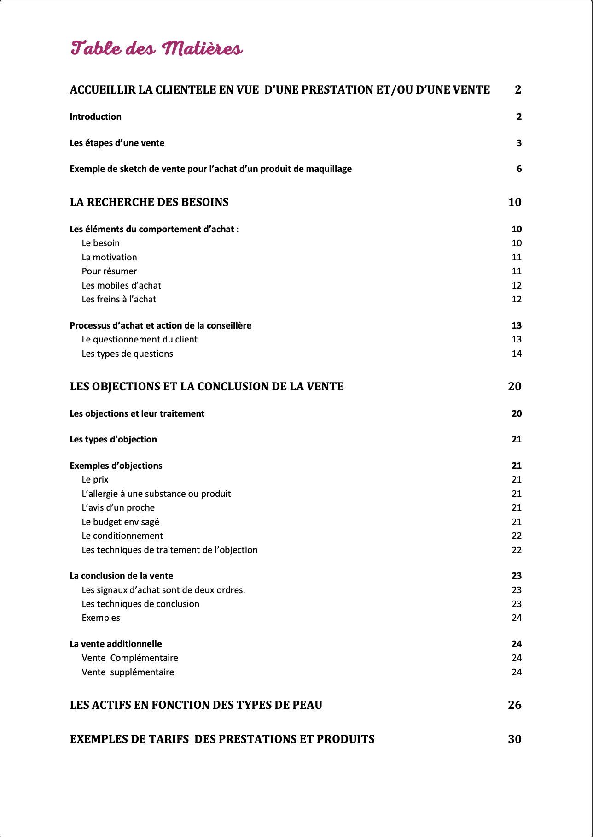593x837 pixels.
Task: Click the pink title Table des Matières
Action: [157, 48]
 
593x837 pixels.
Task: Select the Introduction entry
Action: [95, 117]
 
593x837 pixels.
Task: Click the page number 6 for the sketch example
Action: [519, 169]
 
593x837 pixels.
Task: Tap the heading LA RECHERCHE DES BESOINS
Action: [149, 202]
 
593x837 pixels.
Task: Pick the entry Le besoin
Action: [100, 243]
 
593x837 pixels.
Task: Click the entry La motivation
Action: [109, 257]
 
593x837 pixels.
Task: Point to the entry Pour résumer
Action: [109, 271]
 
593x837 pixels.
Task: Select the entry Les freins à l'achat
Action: [119, 299]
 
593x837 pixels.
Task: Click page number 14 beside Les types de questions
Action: [517, 354]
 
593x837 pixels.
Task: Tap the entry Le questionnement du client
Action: [140, 339]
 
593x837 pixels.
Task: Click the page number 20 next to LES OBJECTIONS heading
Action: [514, 386]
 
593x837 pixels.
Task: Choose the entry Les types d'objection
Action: [113, 439]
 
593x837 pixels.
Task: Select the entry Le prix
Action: [95, 479]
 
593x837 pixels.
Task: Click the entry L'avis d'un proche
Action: [118, 507]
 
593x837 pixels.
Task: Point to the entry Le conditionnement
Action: [122, 536]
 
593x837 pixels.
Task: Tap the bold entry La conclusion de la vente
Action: [122, 576]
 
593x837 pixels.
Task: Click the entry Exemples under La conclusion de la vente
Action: [101, 618]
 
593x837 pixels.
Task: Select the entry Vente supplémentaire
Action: [128, 672]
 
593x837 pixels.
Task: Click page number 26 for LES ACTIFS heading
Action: [514, 705]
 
